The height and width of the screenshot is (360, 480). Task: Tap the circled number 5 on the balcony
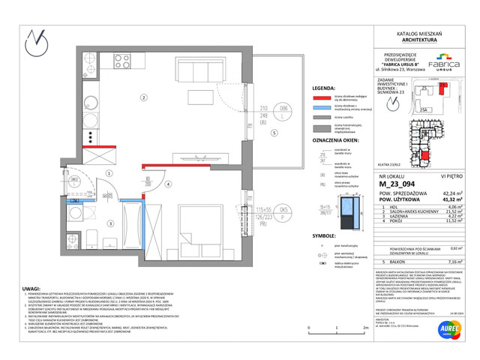[x=274, y=133]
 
